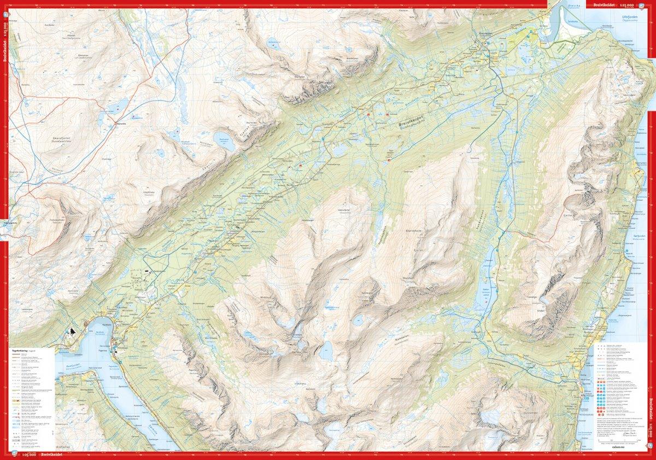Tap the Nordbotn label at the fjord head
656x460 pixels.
tap(99, 330)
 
